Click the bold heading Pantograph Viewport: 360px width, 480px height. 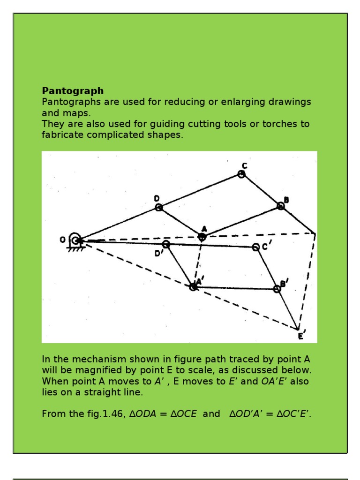(73, 90)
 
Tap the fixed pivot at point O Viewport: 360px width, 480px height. (75, 240)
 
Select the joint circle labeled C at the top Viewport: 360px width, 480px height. (241, 174)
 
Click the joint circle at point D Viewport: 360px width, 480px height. (159, 207)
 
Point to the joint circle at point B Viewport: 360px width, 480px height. (280, 206)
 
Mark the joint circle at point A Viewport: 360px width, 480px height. (202, 237)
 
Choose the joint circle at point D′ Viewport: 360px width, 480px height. (165, 244)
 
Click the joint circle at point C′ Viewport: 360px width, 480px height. (255, 247)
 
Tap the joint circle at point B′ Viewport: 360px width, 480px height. (277, 289)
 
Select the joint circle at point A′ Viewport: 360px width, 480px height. (193, 286)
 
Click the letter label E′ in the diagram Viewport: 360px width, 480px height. (301, 336)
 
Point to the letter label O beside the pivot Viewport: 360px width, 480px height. (62, 240)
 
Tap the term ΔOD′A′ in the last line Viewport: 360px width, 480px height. (248, 414)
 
